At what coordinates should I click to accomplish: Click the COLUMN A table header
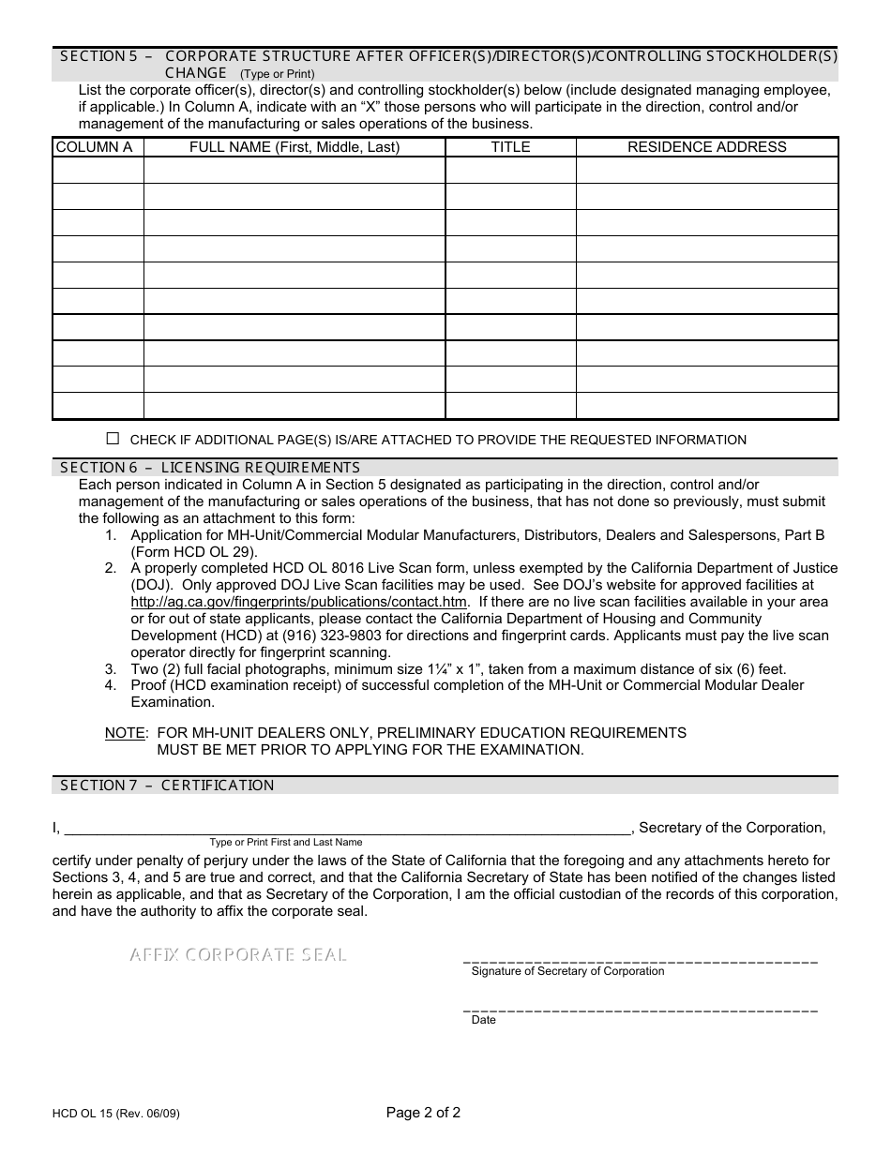[94, 147]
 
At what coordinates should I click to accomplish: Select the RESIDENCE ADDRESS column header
[706, 147]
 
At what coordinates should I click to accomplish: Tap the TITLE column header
[510, 147]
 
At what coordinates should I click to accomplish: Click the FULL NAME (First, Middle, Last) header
[294, 147]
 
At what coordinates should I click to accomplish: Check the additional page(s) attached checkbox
[113, 439]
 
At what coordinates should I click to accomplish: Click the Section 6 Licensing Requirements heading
[210, 467]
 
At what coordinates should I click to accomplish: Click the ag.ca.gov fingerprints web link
[298, 602]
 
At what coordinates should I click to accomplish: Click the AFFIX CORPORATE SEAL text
[238, 955]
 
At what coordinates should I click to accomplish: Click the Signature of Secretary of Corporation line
[641, 960]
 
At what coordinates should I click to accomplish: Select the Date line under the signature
[641, 1009]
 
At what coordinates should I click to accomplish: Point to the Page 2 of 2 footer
[423, 1114]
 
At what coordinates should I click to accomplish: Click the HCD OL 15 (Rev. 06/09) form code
[116, 1115]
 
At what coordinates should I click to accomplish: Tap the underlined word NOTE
[125, 732]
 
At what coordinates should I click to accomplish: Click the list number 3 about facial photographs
[111, 669]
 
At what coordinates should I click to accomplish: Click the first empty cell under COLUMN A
[98, 171]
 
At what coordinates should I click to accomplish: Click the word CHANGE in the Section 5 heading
[196, 73]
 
